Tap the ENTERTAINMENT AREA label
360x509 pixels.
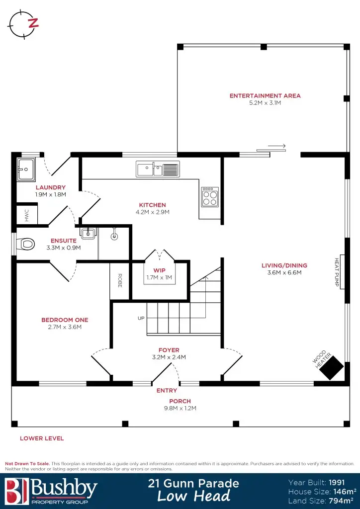(265, 95)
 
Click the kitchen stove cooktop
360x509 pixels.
(210, 196)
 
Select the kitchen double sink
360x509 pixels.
(158, 169)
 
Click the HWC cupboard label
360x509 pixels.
(26, 215)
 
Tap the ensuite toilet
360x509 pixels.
(26, 244)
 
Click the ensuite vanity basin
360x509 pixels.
(87, 232)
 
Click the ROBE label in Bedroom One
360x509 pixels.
(120, 281)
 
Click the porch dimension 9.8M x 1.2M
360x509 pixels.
(180, 408)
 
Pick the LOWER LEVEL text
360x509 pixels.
(42, 438)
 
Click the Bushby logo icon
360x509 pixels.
(15, 490)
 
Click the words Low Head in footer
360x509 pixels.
(194, 496)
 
